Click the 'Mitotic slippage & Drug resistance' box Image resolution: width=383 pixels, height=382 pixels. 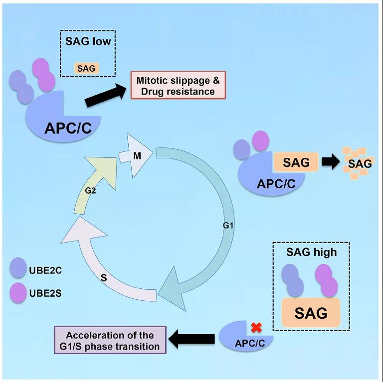[x=178, y=85]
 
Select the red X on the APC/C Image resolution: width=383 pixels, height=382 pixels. [x=256, y=327]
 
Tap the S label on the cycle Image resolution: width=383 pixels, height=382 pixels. [x=104, y=277]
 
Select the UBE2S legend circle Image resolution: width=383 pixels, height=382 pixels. [x=20, y=290]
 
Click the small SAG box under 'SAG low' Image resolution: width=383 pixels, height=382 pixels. [x=86, y=68]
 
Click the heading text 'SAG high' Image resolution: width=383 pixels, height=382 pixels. [x=311, y=252]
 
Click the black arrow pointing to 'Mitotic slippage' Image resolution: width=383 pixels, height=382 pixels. [x=106, y=95]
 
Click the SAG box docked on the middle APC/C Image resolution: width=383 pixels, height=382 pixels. [x=296, y=162]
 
